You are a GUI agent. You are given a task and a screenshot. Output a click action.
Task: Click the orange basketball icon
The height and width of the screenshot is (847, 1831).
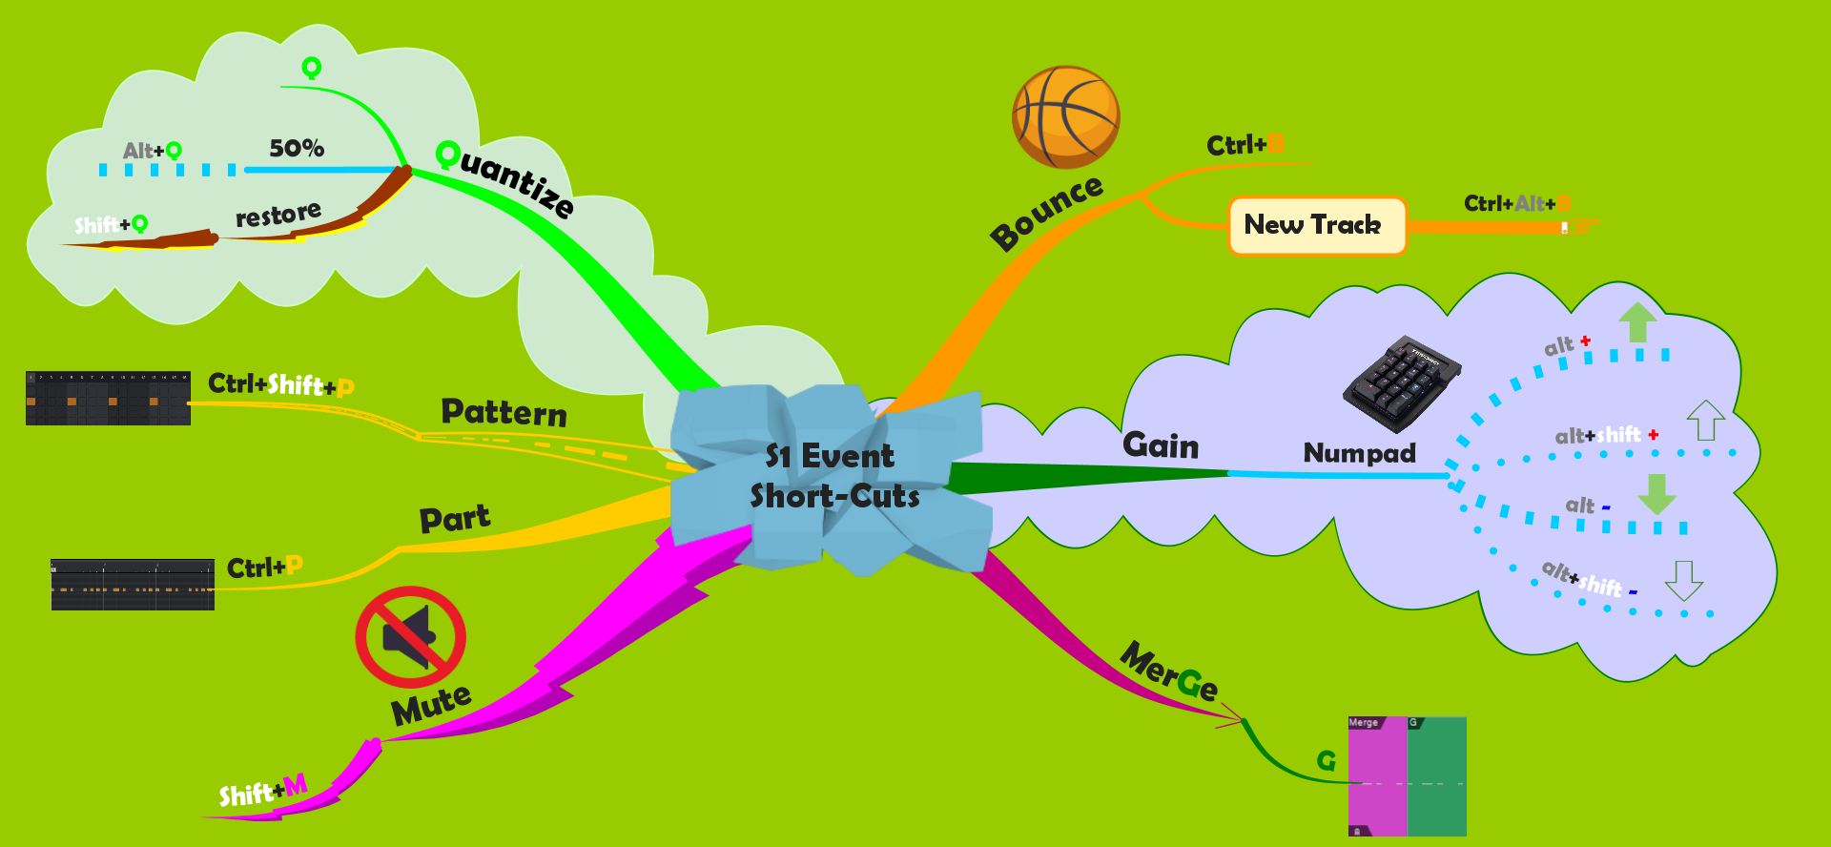pyautogui.click(x=1065, y=117)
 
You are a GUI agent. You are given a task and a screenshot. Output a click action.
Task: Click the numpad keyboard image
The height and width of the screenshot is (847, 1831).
pyautogui.click(x=1401, y=382)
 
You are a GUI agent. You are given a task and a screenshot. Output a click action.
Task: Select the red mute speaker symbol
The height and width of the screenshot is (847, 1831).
pyautogui.click(x=410, y=636)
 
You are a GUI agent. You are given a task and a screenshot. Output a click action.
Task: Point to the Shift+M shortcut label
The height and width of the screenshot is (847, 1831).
pyautogui.click(x=262, y=792)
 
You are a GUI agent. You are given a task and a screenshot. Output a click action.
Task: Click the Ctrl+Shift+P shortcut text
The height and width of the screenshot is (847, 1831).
pyautogui.click(x=280, y=384)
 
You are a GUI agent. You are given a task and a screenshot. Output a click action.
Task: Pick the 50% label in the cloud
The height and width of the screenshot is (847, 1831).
pyautogui.click(x=297, y=149)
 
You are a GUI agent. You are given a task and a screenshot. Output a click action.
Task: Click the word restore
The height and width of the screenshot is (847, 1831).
pyautogui.click(x=278, y=215)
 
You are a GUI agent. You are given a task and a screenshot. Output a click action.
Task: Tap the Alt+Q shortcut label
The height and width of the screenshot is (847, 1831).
pyautogui.click(x=152, y=151)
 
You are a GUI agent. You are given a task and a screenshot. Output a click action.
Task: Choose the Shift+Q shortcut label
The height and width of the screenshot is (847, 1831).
pyautogui.click(x=111, y=225)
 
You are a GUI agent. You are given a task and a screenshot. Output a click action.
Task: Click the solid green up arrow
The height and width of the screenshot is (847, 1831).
pyautogui.click(x=1637, y=321)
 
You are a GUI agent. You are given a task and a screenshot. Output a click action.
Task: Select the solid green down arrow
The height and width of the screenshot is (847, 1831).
pyautogui.click(x=1656, y=494)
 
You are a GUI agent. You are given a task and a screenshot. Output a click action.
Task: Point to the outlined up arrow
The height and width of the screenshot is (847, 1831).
pyautogui.click(x=1705, y=420)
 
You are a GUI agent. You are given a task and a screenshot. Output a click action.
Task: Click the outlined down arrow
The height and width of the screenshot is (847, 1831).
pyautogui.click(x=1683, y=580)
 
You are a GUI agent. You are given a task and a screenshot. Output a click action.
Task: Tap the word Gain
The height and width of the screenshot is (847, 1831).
pyautogui.click(x=1161, y=445)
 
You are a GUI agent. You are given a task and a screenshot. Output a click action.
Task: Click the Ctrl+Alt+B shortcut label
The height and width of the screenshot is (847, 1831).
pyautogui.click(x=1516, y=204)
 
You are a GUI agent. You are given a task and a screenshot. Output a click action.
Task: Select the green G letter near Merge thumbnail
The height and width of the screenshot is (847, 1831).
pyautogui.click(x=1326, y=760)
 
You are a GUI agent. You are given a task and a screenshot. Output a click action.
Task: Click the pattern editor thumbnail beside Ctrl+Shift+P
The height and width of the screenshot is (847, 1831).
pyautogui.click(x=108, y=398)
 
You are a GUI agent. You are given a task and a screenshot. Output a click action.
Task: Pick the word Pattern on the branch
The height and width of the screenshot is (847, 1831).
pyautogui.click(x=504, y=412)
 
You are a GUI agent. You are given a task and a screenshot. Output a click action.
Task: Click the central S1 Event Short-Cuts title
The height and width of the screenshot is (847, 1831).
pyautogui.click(x=833, y=476)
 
